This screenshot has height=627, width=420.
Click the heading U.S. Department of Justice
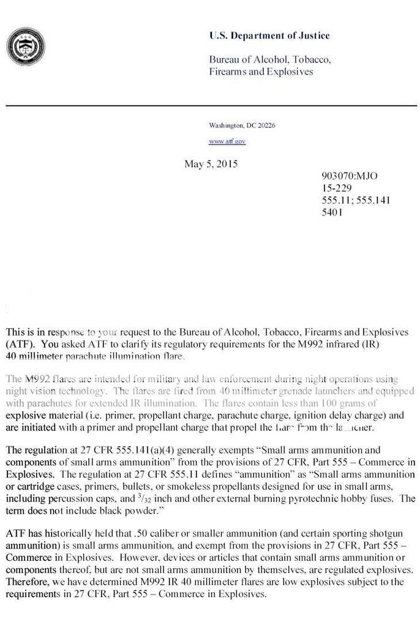click(x=269, y=36)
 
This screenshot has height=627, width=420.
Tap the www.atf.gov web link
click(x=227, y=141)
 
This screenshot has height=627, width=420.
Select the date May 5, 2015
click(x=211, y=164)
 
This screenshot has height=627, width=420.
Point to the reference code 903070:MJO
click(x=349, y=176)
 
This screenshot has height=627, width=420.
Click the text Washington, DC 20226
click(x=242, y=125)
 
